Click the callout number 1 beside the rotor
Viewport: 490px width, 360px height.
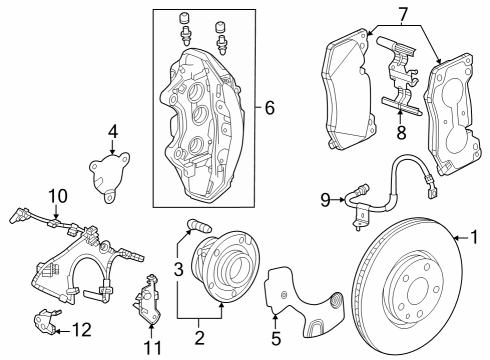(x=476, y=238)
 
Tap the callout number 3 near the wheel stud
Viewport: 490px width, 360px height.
(x=178, y=268)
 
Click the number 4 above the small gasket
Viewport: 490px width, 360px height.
(x=113, y=130)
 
